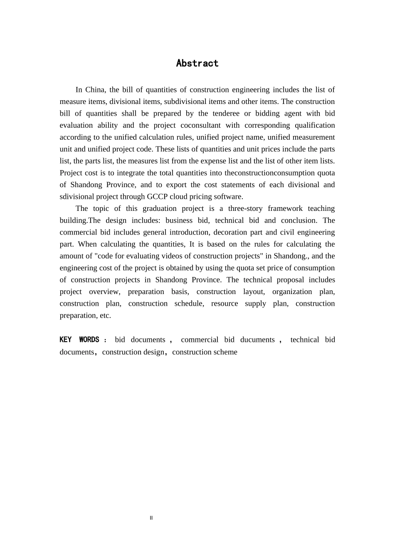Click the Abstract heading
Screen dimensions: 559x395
197,63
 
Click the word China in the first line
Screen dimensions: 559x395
95,90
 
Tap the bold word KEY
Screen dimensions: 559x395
66,340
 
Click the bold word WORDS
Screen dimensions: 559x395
89,340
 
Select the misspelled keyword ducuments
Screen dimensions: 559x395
257,340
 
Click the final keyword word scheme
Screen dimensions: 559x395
225,352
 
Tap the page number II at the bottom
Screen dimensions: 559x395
151,518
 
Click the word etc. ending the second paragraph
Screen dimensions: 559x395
106,316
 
